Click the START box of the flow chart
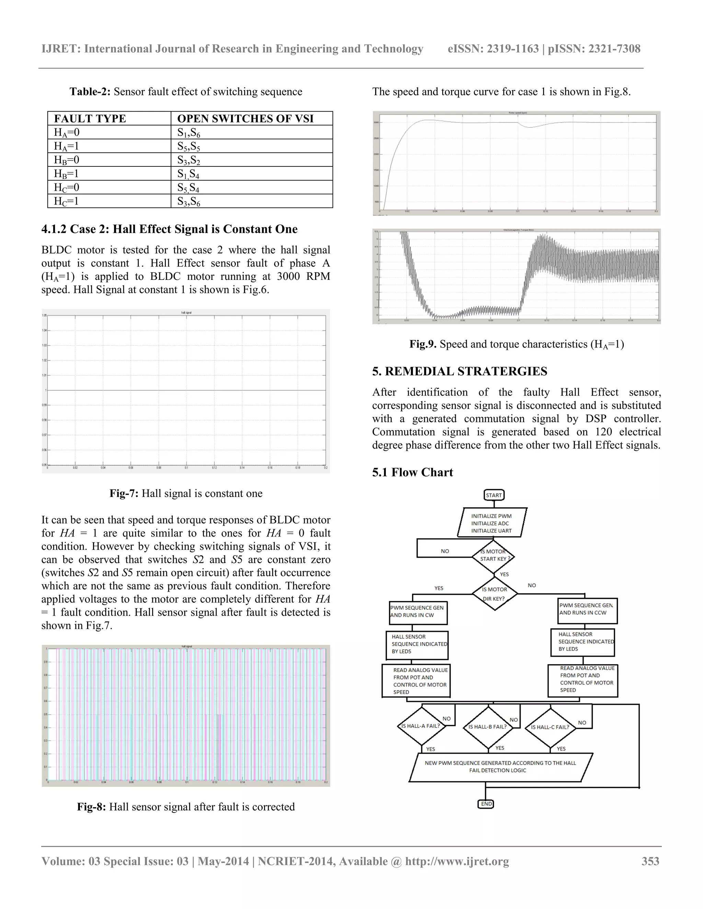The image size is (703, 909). pos(494,495)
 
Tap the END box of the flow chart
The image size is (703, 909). pos(486,804)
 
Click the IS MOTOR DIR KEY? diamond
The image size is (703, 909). pos(494,593)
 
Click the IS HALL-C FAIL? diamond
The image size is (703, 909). pos(550,727)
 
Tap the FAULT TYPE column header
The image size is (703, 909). pos(90,119)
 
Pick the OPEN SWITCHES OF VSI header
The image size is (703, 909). pos(245,119)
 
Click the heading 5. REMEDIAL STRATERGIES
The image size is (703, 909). pos(459,371)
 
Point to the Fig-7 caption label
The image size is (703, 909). pos(124,494)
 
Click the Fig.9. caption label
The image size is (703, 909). pos(423,344)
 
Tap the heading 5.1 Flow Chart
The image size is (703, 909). pos(412,472)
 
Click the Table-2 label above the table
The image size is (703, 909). pos(90,92)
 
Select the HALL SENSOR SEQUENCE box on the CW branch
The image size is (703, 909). pos(418,644)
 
